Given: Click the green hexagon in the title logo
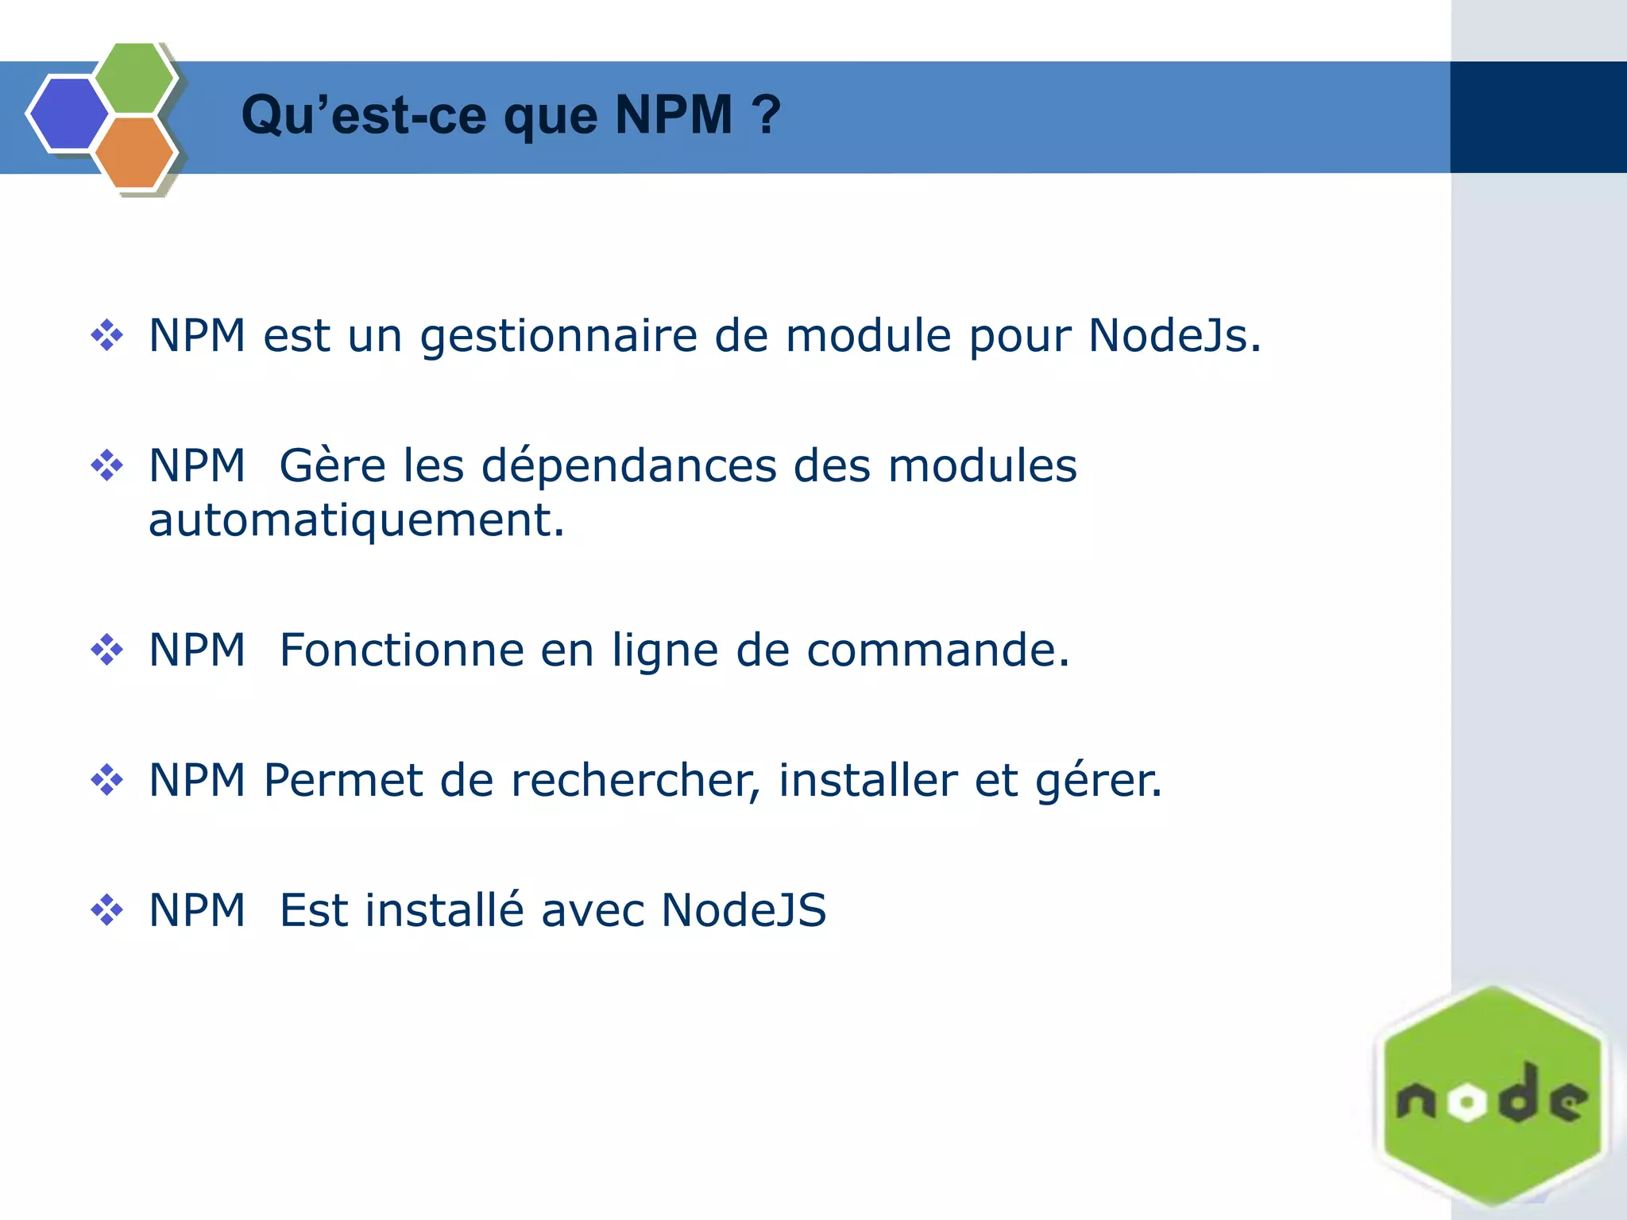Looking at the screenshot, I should pos(134,78).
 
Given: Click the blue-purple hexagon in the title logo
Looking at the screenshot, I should pos(68,114).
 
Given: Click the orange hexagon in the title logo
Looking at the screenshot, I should pos(134,152).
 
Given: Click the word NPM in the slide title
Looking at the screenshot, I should pos(674,115).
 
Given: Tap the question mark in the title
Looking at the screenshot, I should pos(767,115).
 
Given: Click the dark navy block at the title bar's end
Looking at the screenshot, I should pos(1538,117).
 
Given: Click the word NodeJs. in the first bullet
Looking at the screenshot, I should pos(1174,335).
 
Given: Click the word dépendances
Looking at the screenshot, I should pos(629,465).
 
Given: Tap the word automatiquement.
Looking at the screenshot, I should pos(356,520).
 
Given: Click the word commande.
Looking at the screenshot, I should pos(937,650).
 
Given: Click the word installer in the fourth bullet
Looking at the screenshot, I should pos(868,780).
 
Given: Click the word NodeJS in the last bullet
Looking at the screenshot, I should pos(744,910).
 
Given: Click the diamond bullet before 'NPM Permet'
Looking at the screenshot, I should pos(106,780).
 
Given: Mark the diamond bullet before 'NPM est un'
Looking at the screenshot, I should pos(106,335).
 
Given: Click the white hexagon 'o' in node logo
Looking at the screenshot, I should pos(1467,1102).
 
